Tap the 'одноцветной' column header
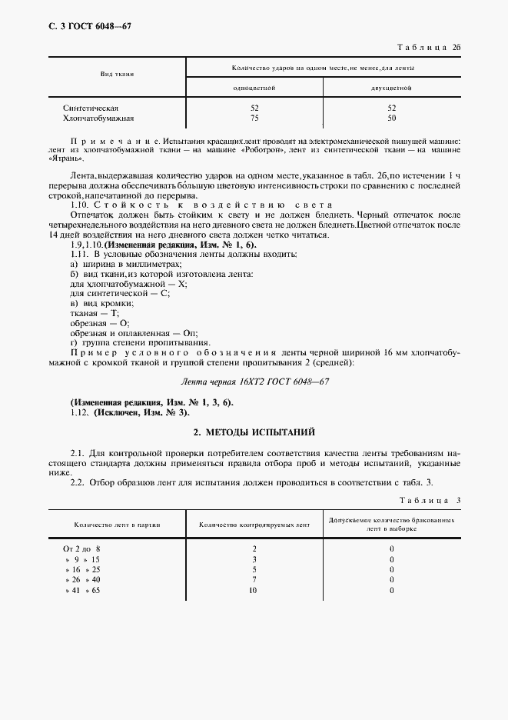coord(254,88)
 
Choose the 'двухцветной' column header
coord(392,88)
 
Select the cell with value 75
coord(254,118)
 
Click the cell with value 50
coord(392,118)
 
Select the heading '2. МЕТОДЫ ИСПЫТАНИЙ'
coord(254,433)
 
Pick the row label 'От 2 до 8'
coord(81,549)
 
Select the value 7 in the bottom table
coord(254,580)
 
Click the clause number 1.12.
coord(79,412)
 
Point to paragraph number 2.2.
coord(78,482)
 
